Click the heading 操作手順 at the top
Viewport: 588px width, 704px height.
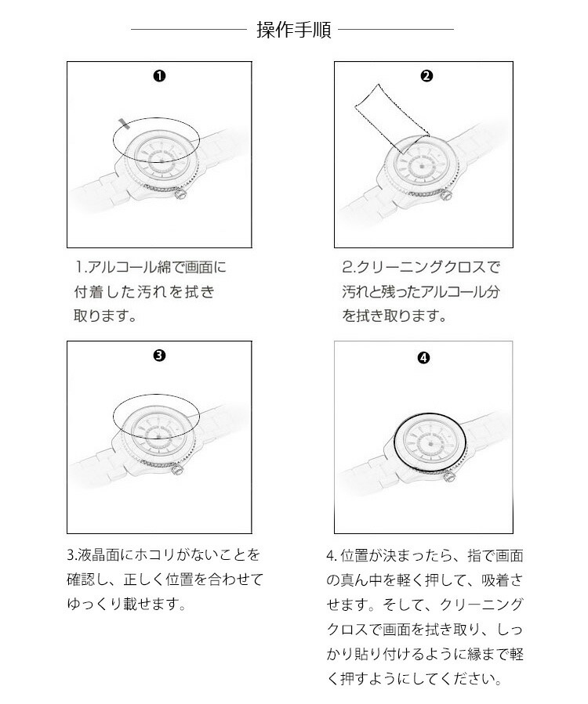(x=294, y=31)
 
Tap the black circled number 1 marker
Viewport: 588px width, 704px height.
(x=159, y=76)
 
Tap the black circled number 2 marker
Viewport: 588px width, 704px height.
(x=426, y=76)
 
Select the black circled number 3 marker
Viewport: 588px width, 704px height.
(x=159, y=355)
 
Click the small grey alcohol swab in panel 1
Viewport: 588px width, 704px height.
(x=122, y=121)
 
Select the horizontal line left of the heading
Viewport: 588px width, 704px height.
(x=188, y=30)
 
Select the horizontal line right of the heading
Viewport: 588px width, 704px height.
(x=396, y=30)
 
